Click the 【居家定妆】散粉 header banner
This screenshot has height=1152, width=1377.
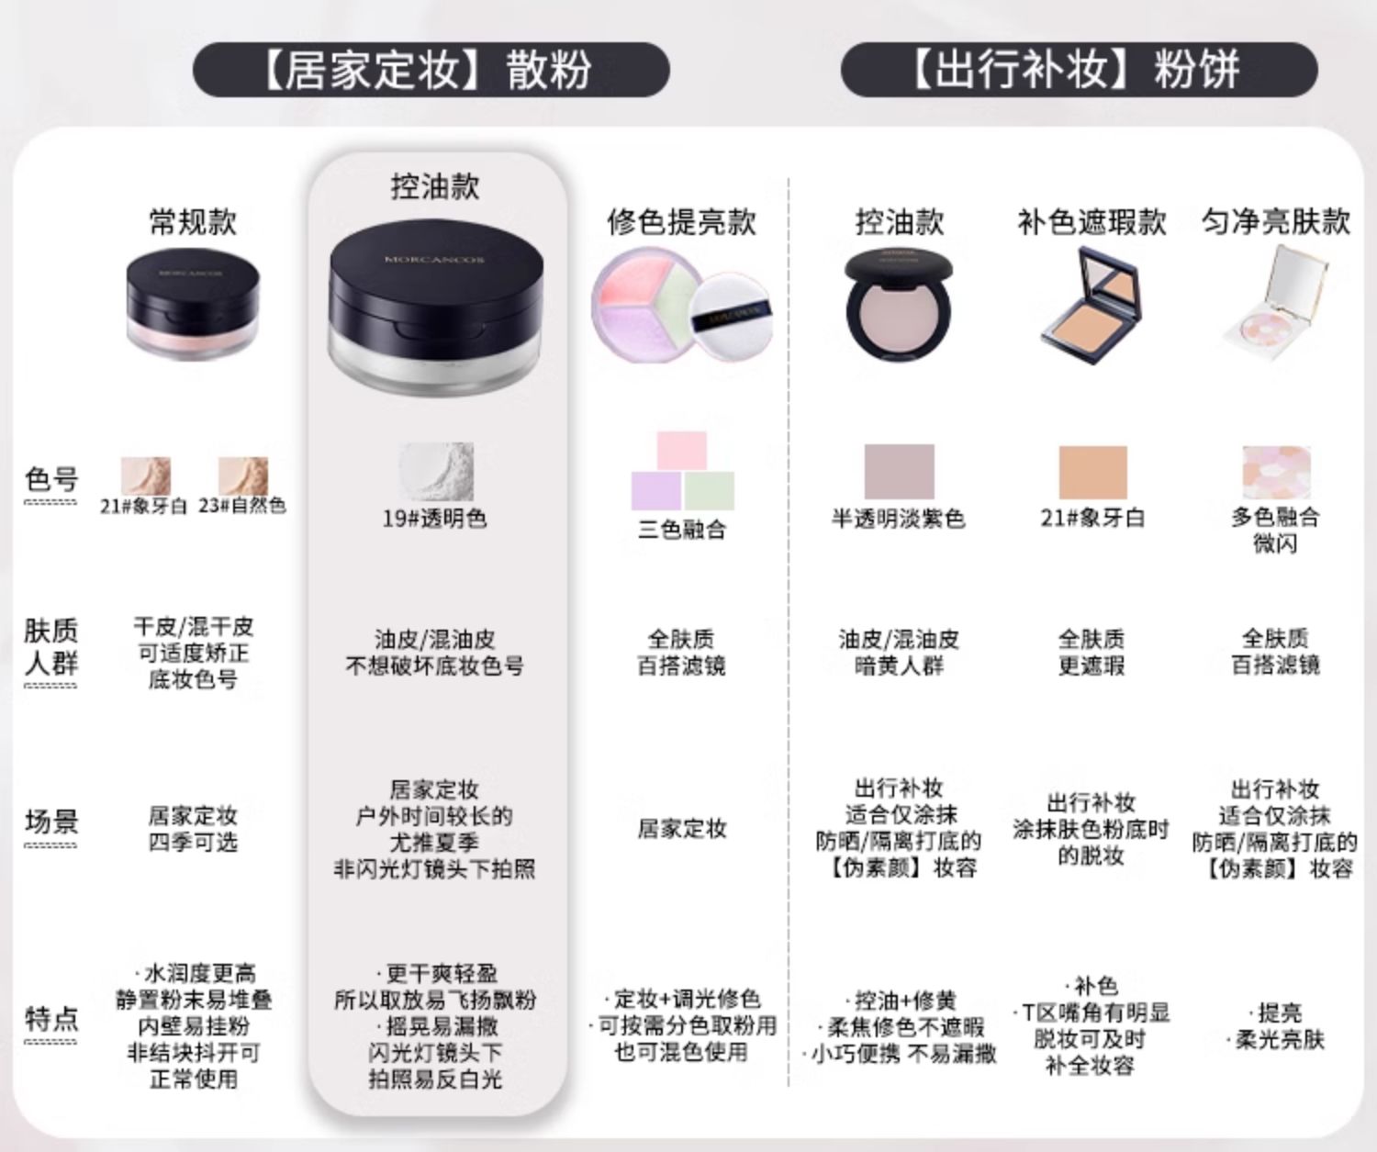click(431, 70)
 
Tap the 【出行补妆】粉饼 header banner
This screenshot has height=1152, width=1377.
click(1079, 70)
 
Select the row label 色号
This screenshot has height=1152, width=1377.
click(51, 479)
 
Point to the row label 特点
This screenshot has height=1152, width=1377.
click(51, 1019)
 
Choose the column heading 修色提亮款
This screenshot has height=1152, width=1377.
click(681, 221)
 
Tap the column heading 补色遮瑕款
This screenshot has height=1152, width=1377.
click(1092, 221)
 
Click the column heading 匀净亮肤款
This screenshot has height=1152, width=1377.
click(1275, 221)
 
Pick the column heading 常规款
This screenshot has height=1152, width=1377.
click(193, 221)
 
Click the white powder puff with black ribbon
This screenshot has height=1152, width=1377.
click(731, 317)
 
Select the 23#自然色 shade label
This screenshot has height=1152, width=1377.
click(242, 506)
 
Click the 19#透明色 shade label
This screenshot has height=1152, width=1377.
click(434, 519)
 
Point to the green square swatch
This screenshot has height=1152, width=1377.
click(709, 490)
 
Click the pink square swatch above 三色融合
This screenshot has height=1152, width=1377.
click(681, 451)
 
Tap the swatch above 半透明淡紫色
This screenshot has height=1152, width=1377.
click(899, 472)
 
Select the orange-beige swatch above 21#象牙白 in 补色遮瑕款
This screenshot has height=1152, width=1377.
click(1092, 473)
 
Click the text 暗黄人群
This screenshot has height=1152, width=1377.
click(899, 666)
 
